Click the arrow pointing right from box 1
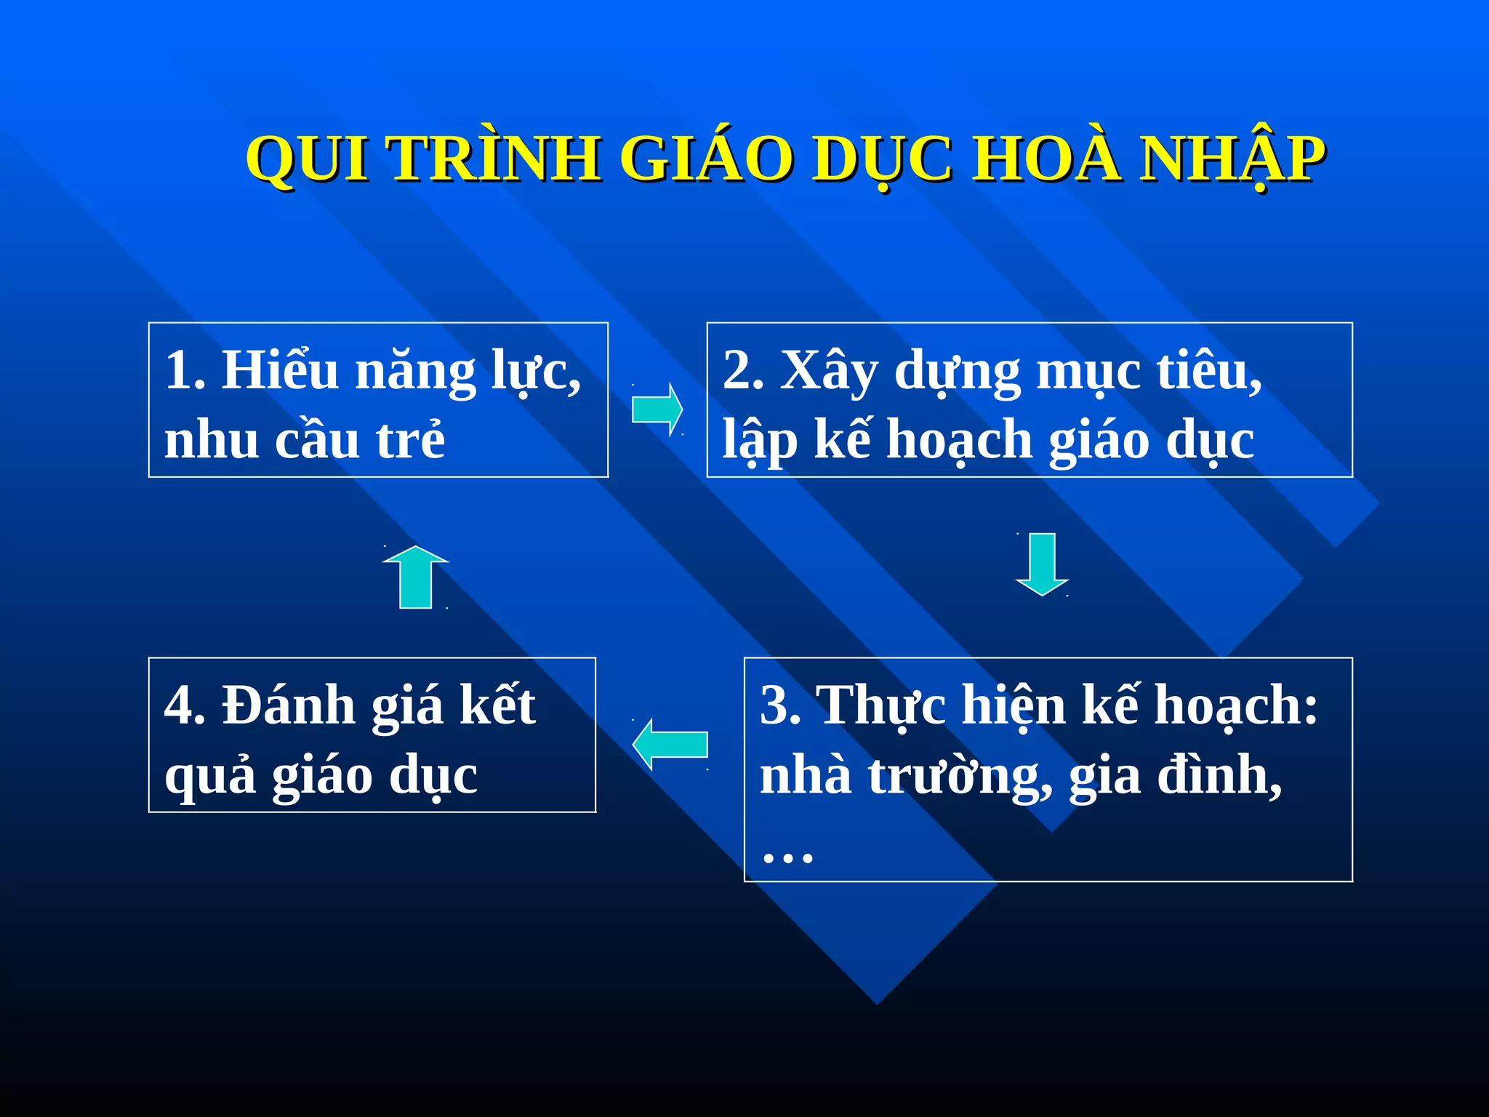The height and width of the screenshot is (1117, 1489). [657, 409]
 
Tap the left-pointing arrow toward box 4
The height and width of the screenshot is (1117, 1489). [670, 744]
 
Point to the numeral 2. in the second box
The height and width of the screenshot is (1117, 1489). [742, 371]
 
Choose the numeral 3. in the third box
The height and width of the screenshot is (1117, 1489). [779, 705]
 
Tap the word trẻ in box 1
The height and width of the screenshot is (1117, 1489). [410, 441]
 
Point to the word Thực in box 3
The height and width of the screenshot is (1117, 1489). [881, 705]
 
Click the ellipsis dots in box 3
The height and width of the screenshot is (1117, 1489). [787, 857]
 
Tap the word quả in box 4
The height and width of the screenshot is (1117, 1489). [210, 777]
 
